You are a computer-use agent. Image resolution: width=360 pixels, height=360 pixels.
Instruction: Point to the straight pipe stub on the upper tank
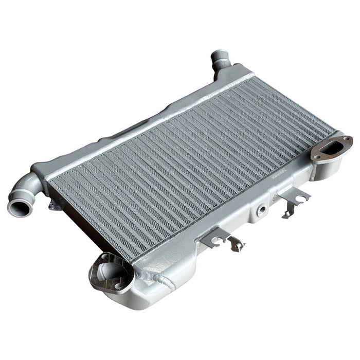point(220,60)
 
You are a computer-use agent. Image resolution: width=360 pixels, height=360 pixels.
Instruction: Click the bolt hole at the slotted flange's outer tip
point(348,139)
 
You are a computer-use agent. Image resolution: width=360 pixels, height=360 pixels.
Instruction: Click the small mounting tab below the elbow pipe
point(53,205)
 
